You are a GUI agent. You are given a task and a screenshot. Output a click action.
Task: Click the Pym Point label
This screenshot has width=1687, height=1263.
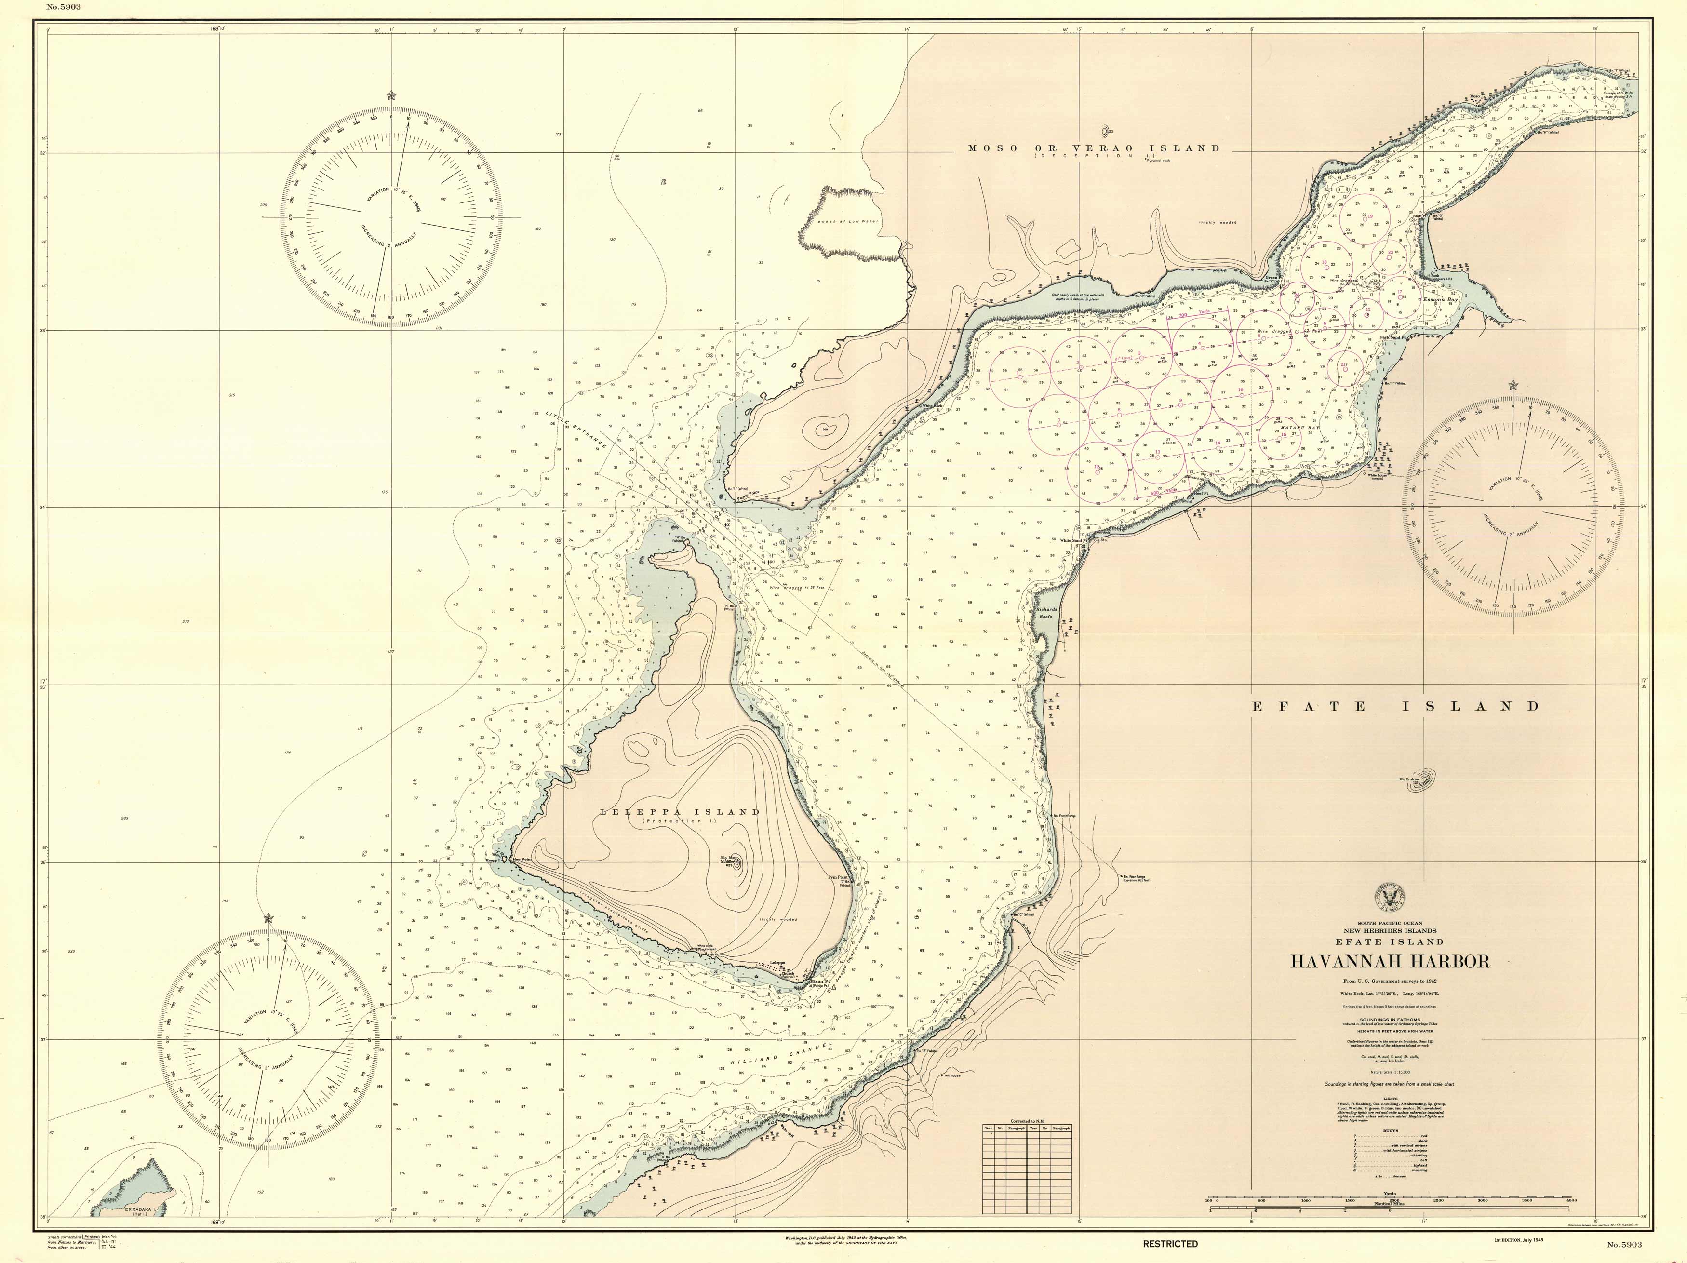click(840, 877)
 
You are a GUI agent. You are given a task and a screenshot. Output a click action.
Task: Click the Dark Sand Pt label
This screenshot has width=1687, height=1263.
click(1392, 337)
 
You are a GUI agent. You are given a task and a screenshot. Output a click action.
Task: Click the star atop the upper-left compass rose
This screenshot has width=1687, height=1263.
click(391, 96)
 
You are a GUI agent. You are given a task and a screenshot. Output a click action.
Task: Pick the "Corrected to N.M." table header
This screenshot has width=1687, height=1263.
click(1027, 1121)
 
